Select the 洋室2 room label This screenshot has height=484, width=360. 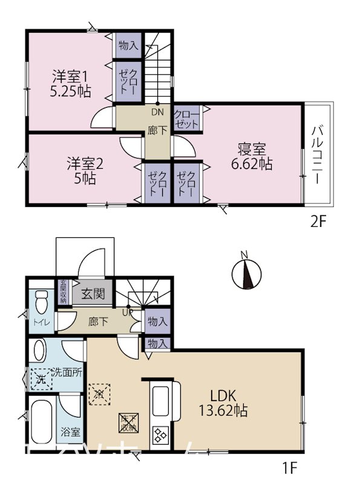(85, 163)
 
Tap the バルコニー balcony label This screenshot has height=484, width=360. (318, 155)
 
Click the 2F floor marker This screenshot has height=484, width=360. (318, 221)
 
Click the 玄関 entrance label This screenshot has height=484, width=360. (93, 295)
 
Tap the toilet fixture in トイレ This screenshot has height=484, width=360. (41, 301)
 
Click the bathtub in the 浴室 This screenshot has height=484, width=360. (42, 420)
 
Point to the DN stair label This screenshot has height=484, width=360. (157, 111)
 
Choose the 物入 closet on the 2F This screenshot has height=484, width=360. (128, 45)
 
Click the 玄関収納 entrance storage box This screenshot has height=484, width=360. (63, 291)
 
